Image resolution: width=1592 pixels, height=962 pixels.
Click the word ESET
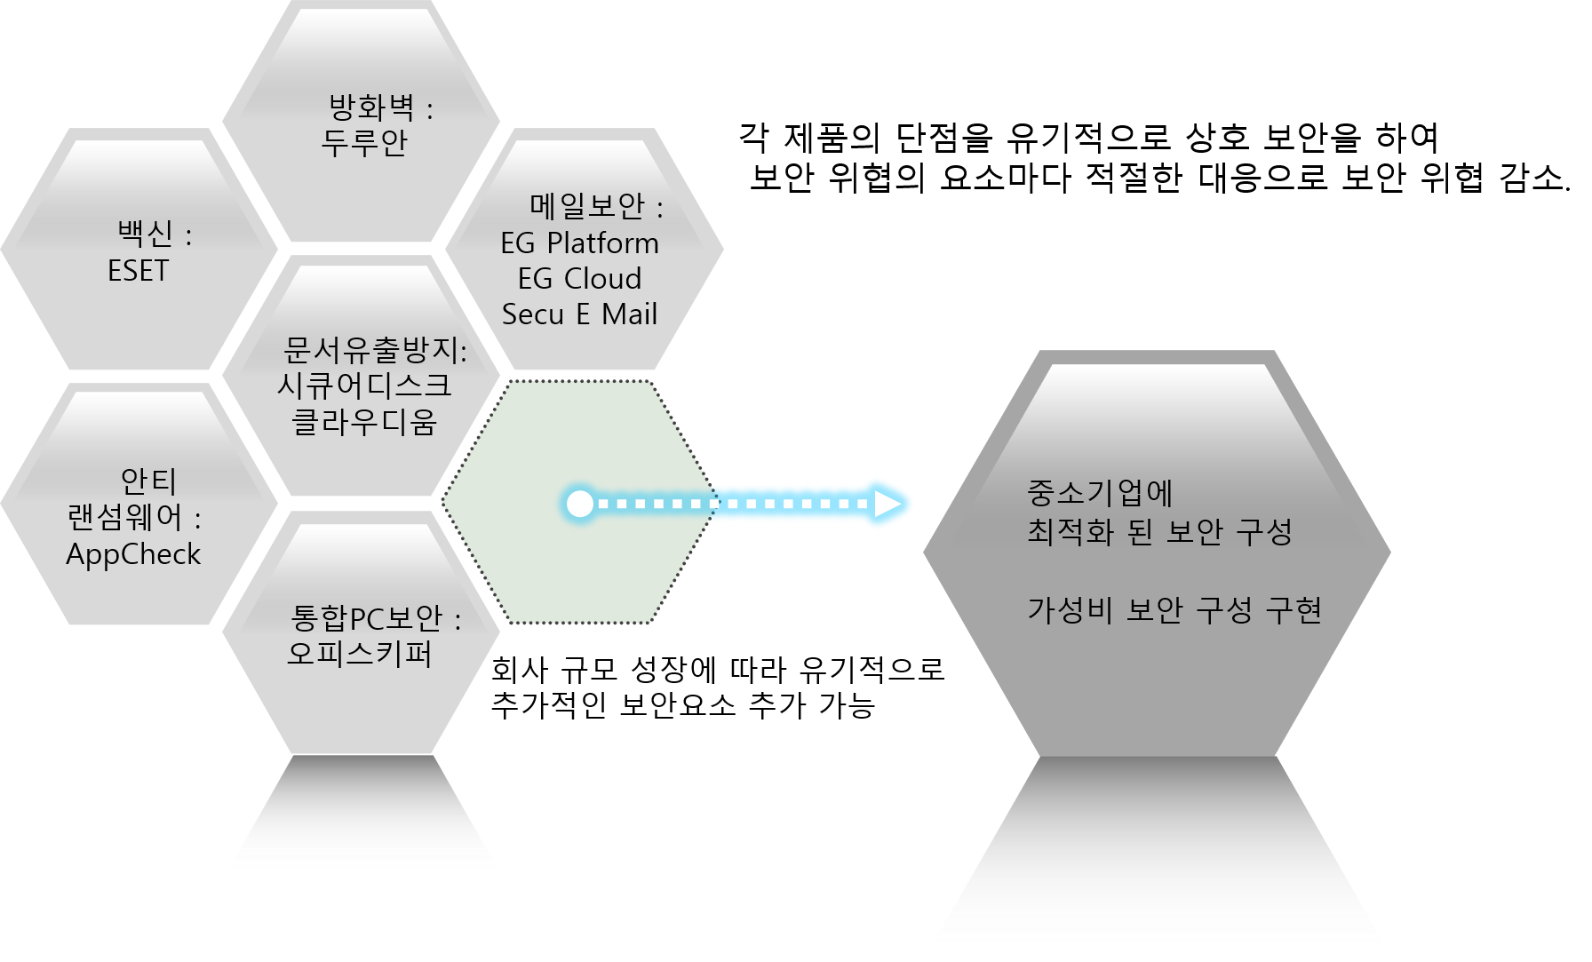point(138,270)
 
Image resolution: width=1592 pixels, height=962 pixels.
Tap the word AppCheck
point(133,554)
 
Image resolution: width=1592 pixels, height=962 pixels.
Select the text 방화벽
point(371,107)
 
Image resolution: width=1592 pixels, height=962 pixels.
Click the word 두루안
point(364,142)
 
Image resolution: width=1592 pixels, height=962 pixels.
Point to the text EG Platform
point(579,242)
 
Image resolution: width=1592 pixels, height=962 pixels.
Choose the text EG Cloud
point(579,278)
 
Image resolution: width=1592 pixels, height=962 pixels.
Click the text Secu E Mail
point(579,314)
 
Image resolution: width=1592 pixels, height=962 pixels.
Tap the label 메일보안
point(587,206)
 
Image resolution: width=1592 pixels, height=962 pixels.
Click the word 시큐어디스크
point(364,386)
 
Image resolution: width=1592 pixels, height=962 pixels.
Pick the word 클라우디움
point(364,422)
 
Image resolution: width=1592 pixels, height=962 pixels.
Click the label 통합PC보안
point(366,617)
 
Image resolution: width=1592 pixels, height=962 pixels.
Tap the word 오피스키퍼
point(360,654)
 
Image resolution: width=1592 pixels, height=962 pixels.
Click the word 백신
point(145,234)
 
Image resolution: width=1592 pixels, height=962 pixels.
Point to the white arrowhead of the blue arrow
point(888,504)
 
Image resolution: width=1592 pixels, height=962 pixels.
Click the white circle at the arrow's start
point(580,504)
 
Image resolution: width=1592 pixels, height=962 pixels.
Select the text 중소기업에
point(1100,492)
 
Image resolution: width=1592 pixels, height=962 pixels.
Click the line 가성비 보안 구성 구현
point(1174,610)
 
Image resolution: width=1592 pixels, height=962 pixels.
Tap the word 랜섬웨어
point(124,517)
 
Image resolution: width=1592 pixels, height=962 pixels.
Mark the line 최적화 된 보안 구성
point(1159,532)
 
